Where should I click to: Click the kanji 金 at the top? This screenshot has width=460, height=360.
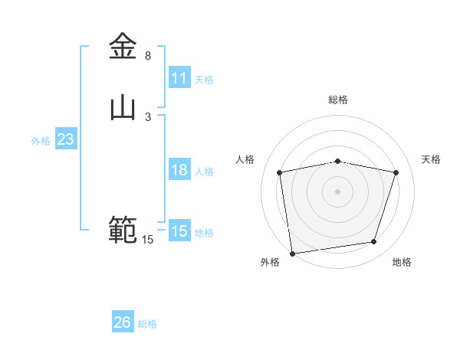click(x=123, y=47)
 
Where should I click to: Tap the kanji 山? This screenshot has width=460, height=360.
click(x=123, y=107)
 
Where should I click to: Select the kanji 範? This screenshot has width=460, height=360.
click(x=123, y=230)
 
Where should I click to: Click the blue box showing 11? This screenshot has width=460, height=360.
click(x=179, y=78)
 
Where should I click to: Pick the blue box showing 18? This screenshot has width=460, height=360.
click(x=179, y=170)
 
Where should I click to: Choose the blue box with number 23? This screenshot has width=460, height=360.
click(x=65, y=139)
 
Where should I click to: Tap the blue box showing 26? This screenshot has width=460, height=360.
click(x=122, y=322)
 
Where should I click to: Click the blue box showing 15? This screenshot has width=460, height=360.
click(x=179, y=231)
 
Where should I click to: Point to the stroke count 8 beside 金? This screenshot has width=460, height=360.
click(x=148, y=56)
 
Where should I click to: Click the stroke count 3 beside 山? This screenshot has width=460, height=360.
click(x=148, y=116)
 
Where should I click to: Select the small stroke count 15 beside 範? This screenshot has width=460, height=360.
click(x=148, y=240)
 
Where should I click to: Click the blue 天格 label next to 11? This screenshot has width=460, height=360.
click(x=204, y=79)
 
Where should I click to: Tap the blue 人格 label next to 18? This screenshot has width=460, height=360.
click(x=204, y=172)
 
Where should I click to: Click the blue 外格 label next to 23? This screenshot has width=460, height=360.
click(x=41, y=141)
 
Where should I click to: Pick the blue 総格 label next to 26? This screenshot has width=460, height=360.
click(x=147, y=324)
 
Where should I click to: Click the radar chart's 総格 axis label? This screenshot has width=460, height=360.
click(x=338, y=100)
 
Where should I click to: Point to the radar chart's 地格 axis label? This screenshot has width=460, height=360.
click(x=402, y=262)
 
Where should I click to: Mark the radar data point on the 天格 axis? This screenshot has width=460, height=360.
click(x=396, y=172)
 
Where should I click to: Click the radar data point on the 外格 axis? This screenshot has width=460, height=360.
click(x=292, y=253)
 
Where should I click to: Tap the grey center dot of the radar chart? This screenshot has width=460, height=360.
click(x=338, y=191)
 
